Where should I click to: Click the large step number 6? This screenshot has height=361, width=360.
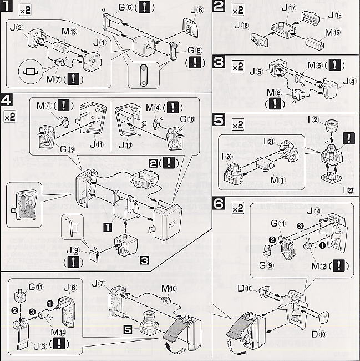pos(219,205)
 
